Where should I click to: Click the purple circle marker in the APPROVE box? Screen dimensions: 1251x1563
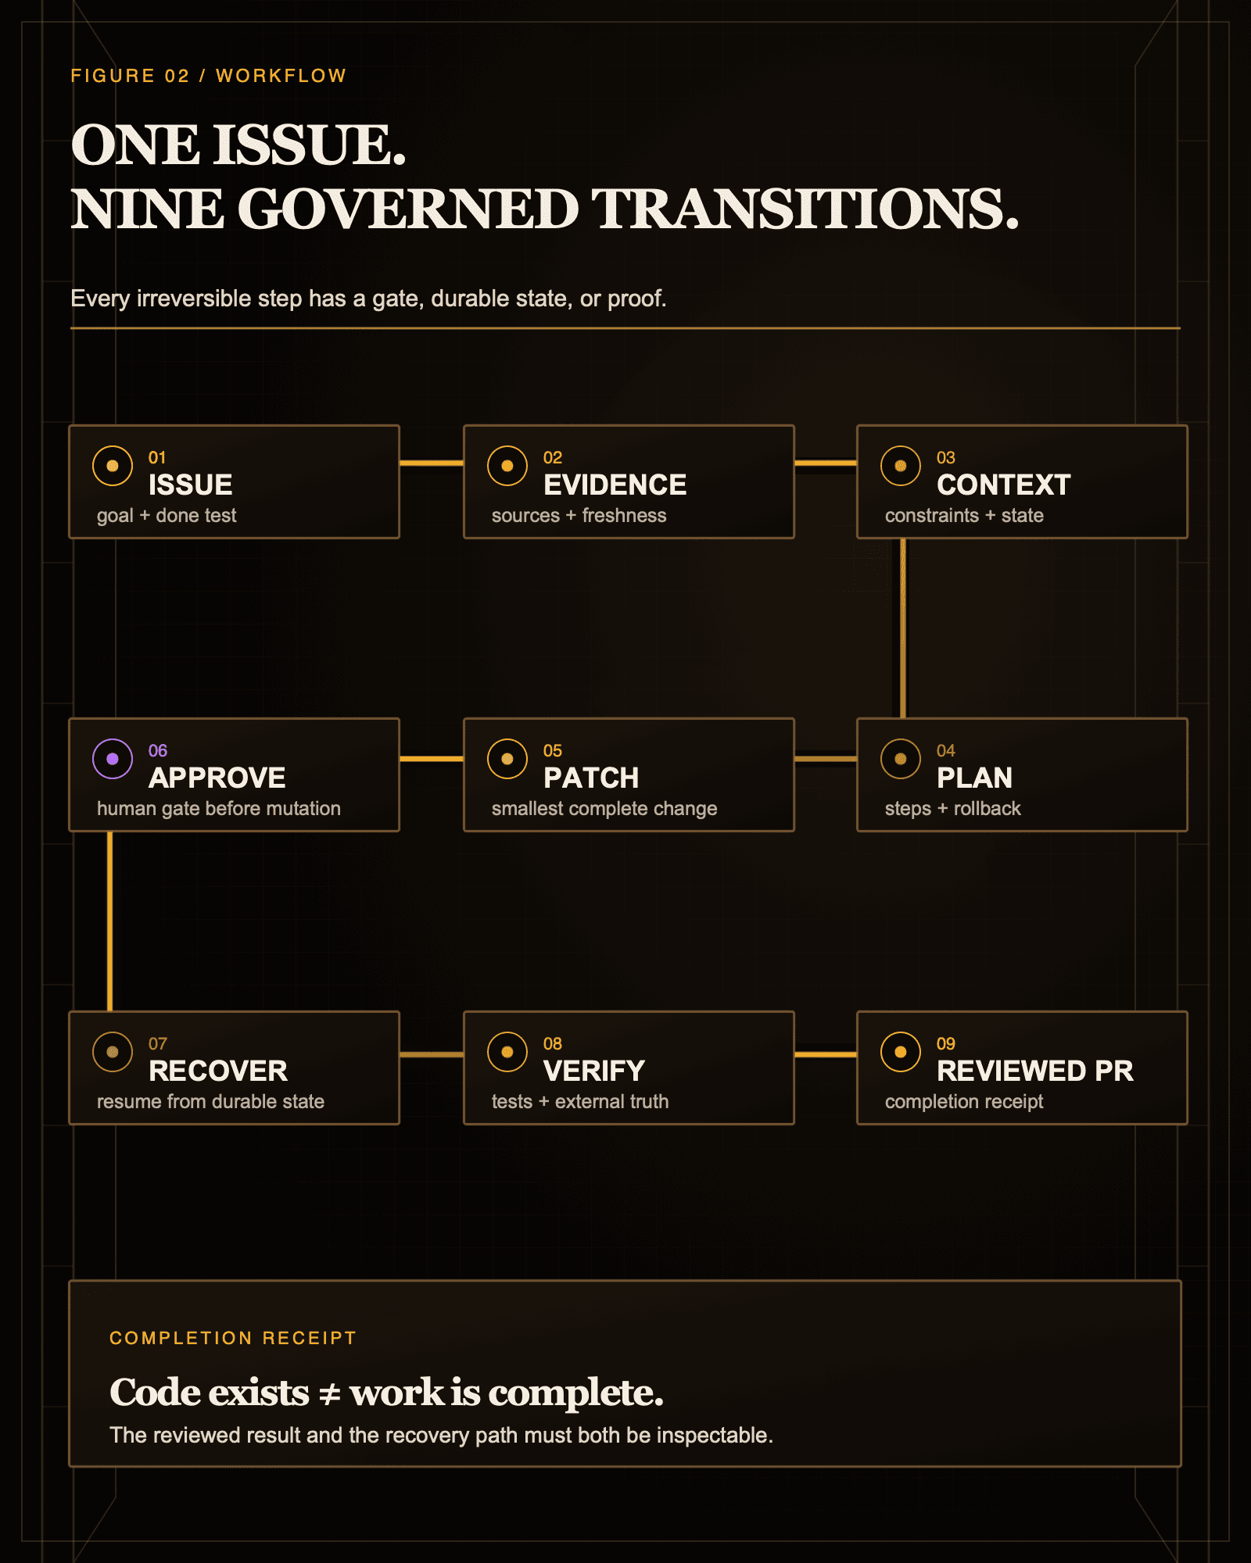click(x=113, y=759)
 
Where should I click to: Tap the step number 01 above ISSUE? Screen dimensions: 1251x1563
click(x=157, y=458)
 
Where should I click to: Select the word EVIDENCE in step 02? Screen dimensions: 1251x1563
click(x=615, y=485)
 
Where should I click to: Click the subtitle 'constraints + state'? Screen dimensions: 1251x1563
click(x=964, y=516)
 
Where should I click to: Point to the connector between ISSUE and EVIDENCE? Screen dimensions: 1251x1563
click(x=432, y=463)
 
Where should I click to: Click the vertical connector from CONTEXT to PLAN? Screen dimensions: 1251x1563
click(x=903, y=628)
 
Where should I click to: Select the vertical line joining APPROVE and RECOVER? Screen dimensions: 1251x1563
click(x=109, y=921)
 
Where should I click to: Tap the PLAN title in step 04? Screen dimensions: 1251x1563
click(x=974, y=778)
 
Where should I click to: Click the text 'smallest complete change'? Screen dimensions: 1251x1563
click(x=604, y=809)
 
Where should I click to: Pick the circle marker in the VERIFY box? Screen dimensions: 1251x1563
click(x=507, y=1052)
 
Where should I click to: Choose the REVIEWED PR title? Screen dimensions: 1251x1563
click(x=1035, y=1071)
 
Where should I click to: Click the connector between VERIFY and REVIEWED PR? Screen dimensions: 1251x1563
click(x=826, y=1054)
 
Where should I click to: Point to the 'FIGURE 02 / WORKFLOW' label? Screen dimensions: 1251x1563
click(x=208, y=76)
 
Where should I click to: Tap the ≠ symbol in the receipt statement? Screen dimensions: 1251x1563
click(x=330, y=1393)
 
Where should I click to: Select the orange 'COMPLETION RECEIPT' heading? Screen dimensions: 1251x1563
click(x=233, y=1338)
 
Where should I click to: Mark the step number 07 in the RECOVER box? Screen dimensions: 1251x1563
click(x=158, y=1044)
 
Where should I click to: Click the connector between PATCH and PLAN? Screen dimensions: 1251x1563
click(x=826, y=759)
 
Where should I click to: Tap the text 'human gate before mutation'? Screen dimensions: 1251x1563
click(x=219, y=809)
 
